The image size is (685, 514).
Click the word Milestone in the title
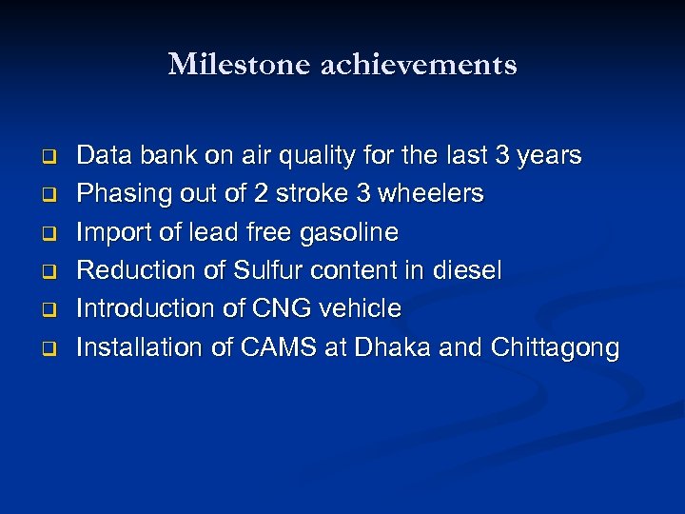pyautogui.click(x=226, y=65)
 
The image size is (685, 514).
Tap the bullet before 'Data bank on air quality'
pyautogui.click(x=44, y=155)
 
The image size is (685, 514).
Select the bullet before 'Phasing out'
pyautogui.click(x=44, y=194)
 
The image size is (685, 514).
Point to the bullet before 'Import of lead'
pyautogui.click(x=44, y=232)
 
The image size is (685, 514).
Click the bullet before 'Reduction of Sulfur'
pyautogui.click(x=44, y=271)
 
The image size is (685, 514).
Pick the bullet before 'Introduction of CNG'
pyautogui.click(x=44, y=309)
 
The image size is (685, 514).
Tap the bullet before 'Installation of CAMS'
pyautogui.click(x=44, y=348)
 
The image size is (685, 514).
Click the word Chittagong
pyautogui.click(x=555, y=348)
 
